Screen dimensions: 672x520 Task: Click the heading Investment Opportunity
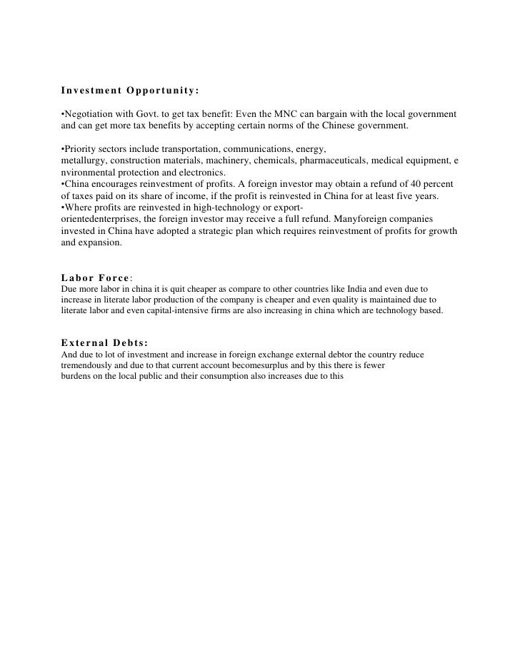(x=129, y=91)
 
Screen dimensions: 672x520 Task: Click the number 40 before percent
(x=415, y=184)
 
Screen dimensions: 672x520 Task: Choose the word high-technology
(x=224, y=207)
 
